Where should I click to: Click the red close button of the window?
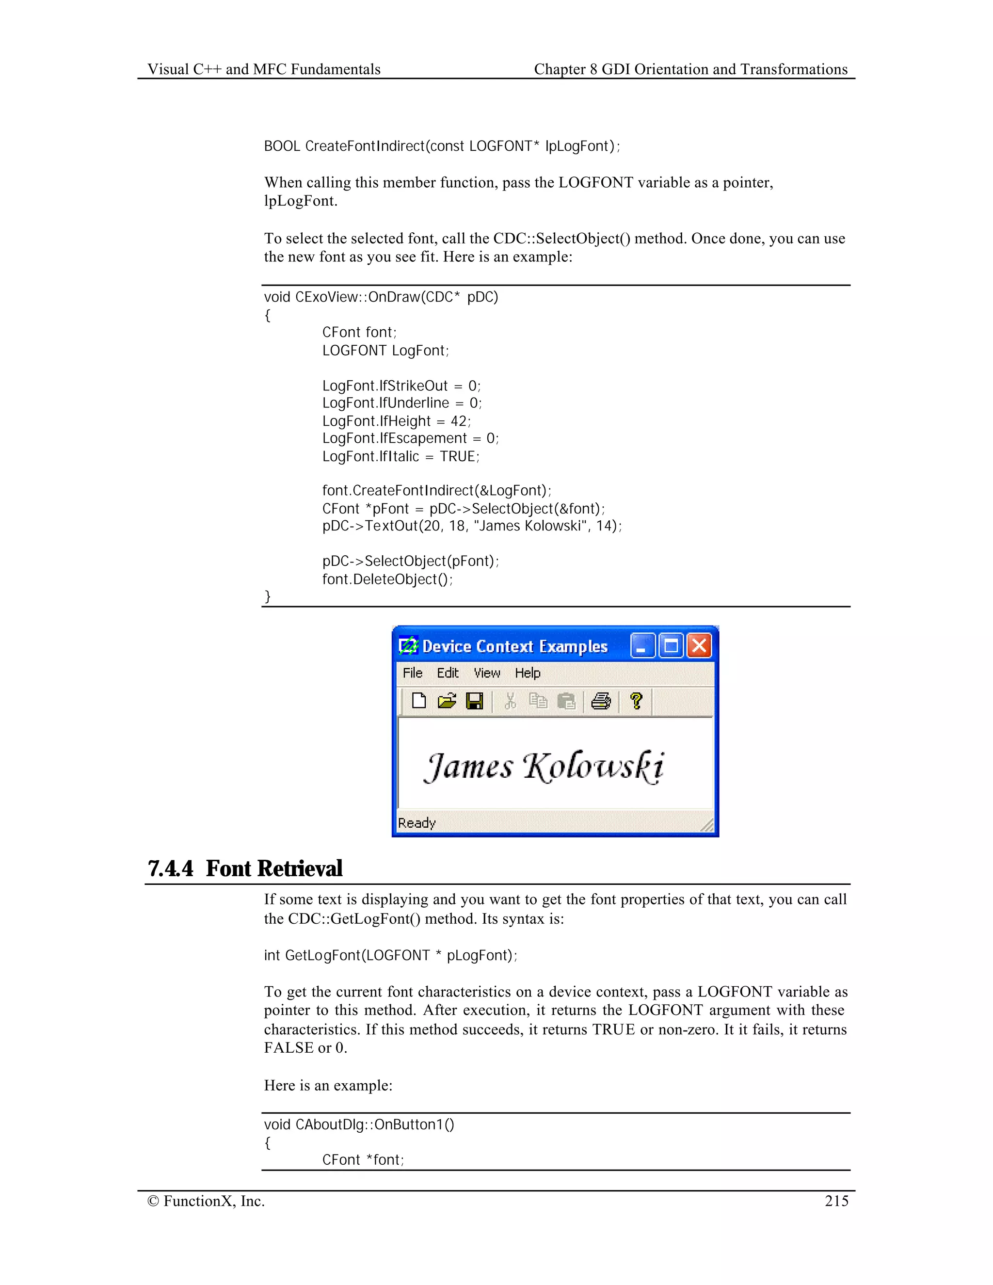[x=699, y=646]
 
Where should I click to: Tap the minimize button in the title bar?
[x=642, y=646]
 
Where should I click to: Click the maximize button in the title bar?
[x=671, y=646]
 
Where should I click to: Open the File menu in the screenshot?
[x=413, y=673]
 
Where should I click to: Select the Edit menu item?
[x=447, y=673]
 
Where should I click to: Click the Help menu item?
[x=528, y=673]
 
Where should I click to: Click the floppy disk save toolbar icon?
[x=474, y=701]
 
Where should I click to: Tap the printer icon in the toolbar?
[x=601, y=701]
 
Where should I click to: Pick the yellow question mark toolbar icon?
[x=636, y=701]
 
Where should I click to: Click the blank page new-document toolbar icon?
[x=419, y=701]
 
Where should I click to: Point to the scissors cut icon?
[x=510, y=701]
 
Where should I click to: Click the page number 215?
[x=836, y=1201]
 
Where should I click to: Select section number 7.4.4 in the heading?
[x=171, y=869]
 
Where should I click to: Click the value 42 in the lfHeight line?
[x=459, y=421]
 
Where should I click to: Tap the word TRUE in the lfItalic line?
[x=458, y=457]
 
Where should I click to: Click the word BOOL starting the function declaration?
[x=282, y=146]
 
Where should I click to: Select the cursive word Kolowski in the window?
[x=593, y=767]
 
